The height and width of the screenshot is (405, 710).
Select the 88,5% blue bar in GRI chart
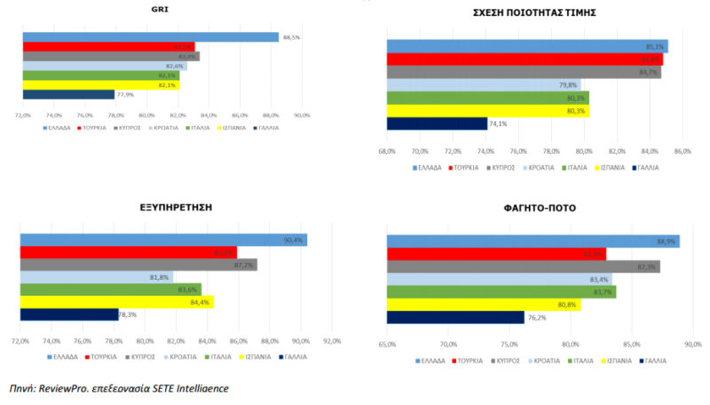point(151,37)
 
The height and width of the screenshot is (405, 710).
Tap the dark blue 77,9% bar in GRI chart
point(68,94)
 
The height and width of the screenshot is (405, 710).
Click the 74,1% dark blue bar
point(437,123)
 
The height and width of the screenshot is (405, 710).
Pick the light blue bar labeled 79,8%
point(475,85)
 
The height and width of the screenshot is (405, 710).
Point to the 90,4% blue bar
point(163,240)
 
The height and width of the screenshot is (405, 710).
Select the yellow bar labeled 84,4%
point(117,302)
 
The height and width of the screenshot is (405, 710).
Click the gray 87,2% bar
point(138,265)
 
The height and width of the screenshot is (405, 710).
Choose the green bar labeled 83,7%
point(501,292)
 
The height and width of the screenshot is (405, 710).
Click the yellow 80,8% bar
point(484,305)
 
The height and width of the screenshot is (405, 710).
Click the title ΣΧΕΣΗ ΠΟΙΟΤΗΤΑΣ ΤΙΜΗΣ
point(532,12)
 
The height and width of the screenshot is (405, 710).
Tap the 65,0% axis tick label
point(387,345)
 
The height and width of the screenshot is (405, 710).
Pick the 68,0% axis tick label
point(387,151)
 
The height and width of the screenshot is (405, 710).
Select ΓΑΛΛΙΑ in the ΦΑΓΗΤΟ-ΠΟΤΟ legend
point(655,361)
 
